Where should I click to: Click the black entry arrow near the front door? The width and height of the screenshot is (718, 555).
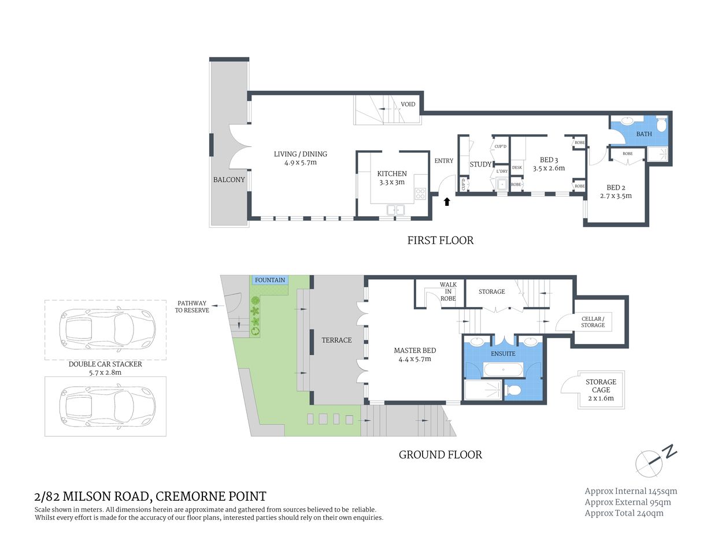coord(446,202)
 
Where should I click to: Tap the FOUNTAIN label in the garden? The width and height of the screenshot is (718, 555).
coord(270,280)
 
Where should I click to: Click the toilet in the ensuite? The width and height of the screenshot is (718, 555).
coord(513,390)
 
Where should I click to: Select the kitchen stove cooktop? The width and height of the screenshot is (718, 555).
coord(420,194)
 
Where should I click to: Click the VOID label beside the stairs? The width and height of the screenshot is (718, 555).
coord(408,105)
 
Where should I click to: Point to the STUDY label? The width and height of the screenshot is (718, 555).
coord(480,164)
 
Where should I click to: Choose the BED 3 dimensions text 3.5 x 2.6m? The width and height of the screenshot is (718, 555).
coord(549,168)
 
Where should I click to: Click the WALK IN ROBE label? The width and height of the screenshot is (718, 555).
coord(448,291)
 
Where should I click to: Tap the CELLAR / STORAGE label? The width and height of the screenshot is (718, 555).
coord(593,322)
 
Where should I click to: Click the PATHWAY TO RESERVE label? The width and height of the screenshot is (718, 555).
coord(192,306)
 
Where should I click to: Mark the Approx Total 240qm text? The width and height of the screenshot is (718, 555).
coord(624,513)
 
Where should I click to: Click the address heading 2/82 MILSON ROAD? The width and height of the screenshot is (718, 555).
coord(150,496)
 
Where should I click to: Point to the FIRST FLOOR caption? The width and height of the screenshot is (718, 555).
coord(440,240)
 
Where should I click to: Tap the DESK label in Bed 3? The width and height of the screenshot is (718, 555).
coord(517,168)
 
